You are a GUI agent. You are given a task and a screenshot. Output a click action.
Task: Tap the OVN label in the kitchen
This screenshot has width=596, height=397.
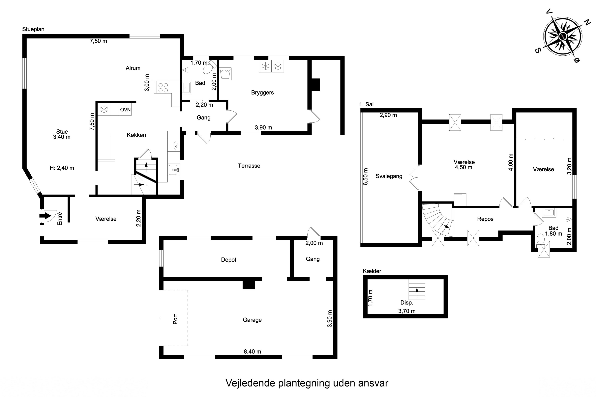[125, 110]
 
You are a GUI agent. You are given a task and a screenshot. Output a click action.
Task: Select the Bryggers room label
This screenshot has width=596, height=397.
[262, 93]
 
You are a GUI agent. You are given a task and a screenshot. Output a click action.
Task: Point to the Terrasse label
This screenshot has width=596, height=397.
[249, 166]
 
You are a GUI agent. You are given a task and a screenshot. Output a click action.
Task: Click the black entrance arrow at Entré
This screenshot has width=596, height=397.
[45, 216]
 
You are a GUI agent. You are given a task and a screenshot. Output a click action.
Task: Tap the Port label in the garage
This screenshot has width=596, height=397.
[175, 319]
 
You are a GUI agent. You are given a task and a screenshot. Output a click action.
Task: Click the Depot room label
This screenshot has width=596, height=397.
[229, 260]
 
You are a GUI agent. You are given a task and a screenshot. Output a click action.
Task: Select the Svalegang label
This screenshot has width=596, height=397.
[389, 176]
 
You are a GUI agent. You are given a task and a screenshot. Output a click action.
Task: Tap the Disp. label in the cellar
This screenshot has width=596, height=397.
[406, 303]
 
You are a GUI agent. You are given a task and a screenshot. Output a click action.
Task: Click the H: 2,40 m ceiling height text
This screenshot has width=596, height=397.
[62, 168]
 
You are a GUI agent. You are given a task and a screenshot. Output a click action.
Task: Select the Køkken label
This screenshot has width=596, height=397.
[136, 135]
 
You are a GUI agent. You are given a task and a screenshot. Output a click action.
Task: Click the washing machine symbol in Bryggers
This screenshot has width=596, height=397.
[225, 74]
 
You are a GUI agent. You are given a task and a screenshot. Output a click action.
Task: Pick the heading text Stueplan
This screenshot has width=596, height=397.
[33, 29]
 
